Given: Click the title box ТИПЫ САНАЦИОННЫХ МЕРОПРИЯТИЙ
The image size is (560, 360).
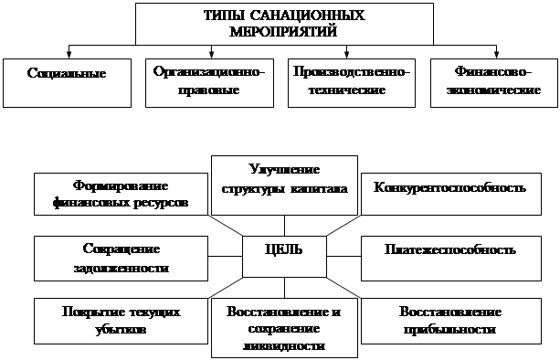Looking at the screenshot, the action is click(x=284, y=24).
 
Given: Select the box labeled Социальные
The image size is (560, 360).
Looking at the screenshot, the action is click(x=67, y=83).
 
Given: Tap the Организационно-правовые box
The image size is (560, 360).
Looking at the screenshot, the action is click(x=209, y=83).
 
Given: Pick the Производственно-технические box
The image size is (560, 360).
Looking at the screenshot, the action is click(x=352, y=83).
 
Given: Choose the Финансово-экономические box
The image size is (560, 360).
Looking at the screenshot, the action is click(x=494, y=83).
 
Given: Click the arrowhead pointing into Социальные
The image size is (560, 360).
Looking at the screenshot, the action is click(x=69, y=55).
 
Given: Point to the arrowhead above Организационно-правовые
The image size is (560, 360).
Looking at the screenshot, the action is click(x=211, y=55).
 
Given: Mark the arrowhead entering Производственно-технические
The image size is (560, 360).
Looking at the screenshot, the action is click(x=346, y=55).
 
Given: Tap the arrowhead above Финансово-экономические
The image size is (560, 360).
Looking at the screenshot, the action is click(x=496, y=55).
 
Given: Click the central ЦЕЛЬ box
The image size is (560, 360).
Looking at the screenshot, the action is click(x=284, y=257).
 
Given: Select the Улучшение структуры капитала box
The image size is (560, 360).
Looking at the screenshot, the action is click(x=284, y=185).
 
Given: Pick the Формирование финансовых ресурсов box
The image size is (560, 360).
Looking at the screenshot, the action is click(x=121, y=194).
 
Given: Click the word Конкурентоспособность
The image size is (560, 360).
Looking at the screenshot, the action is click(x=449, y=187).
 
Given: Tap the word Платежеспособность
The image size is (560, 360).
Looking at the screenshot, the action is click(x=450, y=249).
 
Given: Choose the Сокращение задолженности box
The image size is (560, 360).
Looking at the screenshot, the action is click(x=121, y=259).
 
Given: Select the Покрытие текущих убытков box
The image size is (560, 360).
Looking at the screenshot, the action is click(x=121, y=321).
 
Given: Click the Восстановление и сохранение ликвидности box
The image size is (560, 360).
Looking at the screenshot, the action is click(x=284, y=328).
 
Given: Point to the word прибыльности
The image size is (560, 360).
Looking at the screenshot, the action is click(x=449, y=329).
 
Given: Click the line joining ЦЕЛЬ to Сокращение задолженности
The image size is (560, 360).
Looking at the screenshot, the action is click(x=226, y=257).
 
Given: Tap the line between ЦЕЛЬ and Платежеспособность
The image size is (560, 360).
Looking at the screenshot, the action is click(x=343, y=257).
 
